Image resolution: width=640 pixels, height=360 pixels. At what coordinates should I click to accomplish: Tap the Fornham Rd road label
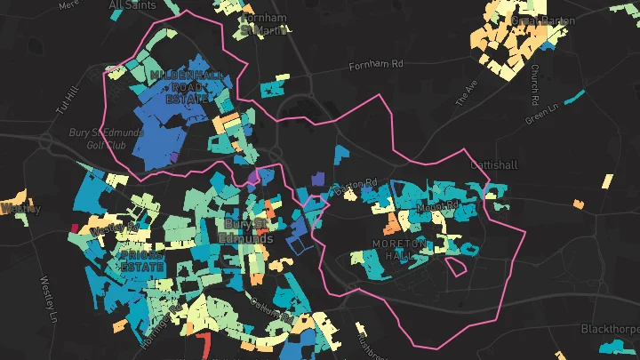[x=376, y=65]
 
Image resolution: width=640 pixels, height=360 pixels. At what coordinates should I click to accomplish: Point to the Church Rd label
[x=536, y=80]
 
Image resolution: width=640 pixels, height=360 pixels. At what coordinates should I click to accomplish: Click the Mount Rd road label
[x=435, y=208]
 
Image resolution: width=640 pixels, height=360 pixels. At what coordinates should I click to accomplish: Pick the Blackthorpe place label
[x=611, y=328]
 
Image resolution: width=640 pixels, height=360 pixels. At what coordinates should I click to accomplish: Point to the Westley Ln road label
[x=49, y=299]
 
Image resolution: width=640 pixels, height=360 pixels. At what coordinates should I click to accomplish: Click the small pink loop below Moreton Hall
[x=458, y=265]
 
